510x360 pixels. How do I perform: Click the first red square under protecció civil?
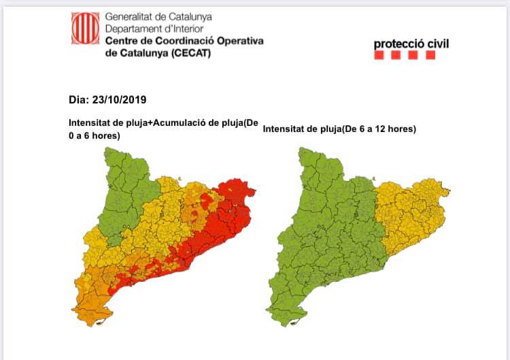379,56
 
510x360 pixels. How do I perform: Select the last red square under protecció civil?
430,56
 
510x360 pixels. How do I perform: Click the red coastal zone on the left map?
204,245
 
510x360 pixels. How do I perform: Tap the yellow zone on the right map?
411,218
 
